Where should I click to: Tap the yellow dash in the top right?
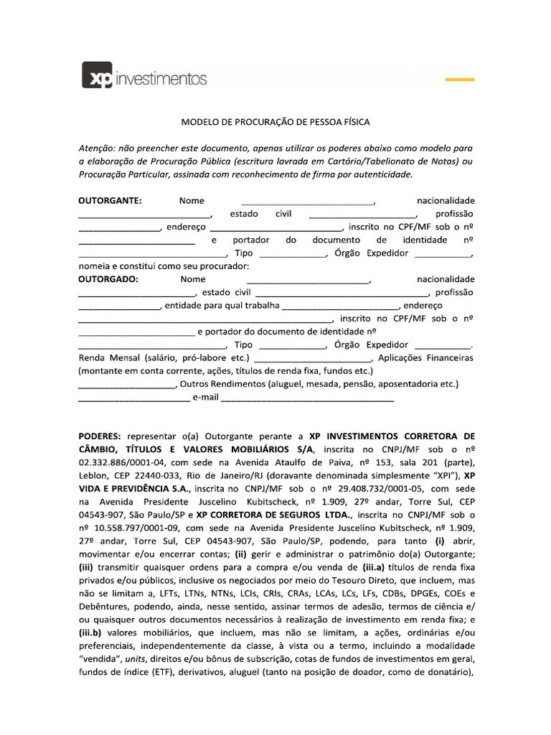[460, 78]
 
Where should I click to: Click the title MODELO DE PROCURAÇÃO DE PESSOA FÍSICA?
[275, 123]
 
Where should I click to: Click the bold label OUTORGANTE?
[110, 201]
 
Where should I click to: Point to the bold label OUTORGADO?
[108, 279]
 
